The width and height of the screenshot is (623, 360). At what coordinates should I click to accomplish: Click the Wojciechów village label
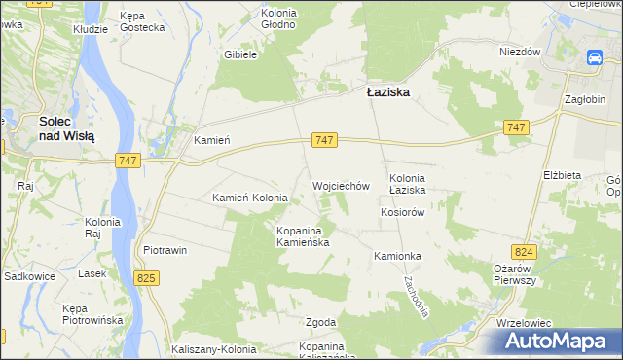click(341, 185)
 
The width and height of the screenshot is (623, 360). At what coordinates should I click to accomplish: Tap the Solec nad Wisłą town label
click(66, 129)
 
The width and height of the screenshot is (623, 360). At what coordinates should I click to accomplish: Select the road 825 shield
click(146, 279)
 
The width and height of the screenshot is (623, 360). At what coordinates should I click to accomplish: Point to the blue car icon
click(594, 58)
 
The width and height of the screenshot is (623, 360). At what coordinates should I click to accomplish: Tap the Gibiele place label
click(239, 55)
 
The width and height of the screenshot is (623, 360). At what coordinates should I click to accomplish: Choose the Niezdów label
click(519, 53)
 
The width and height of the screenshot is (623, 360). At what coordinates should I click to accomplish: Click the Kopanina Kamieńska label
click(305, 236)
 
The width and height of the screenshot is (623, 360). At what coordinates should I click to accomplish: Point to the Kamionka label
click(397, 256)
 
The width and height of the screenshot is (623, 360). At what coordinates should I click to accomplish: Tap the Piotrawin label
click(165, 250)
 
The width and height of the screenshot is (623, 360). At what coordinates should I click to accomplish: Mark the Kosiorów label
click(404, 212)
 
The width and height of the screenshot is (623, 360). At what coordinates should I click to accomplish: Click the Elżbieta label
click(562, 175)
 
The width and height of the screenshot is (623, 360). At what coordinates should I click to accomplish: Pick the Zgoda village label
click(321, 322)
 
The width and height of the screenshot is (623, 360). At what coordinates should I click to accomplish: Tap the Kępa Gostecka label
click(142, 22)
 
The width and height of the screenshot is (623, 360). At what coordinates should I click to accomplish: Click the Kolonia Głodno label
click(278, 18)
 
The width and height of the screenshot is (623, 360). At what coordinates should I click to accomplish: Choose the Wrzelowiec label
click(524, 322)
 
